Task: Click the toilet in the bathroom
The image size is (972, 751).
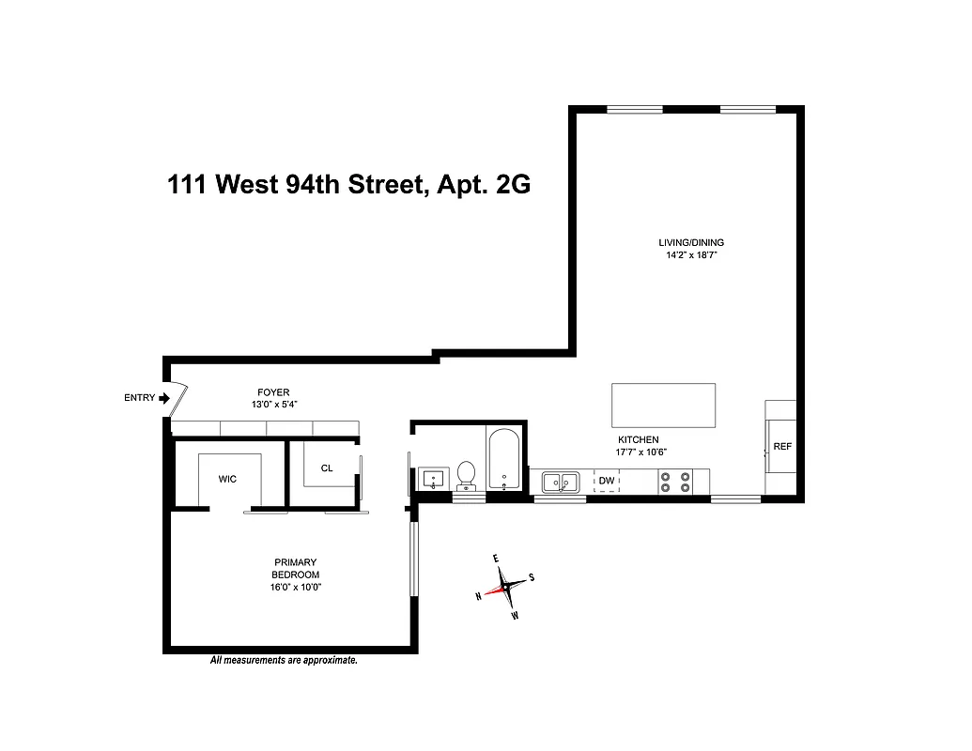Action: [466, 476]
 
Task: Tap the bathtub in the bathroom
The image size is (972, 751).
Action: [505, 461]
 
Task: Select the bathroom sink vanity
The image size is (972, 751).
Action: [432, 480]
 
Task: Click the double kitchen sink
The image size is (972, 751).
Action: [561, 483]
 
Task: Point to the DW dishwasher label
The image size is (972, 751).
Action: [607, 482]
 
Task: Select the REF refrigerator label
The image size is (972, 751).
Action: [782, 447]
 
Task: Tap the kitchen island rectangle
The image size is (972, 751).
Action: [663, 405]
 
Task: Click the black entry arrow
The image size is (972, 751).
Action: [164, 398]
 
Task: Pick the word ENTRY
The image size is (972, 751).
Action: [139, 398]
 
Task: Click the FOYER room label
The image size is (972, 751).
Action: [273, 392]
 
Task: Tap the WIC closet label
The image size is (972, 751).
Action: [227, 479]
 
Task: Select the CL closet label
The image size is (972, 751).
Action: [327, 467]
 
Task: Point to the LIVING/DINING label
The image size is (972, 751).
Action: [691, 242]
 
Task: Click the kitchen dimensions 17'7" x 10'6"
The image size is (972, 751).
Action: [639, 452]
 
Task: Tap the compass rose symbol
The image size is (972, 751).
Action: [505, 587]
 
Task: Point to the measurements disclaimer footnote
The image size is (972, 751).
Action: [284, 661]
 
